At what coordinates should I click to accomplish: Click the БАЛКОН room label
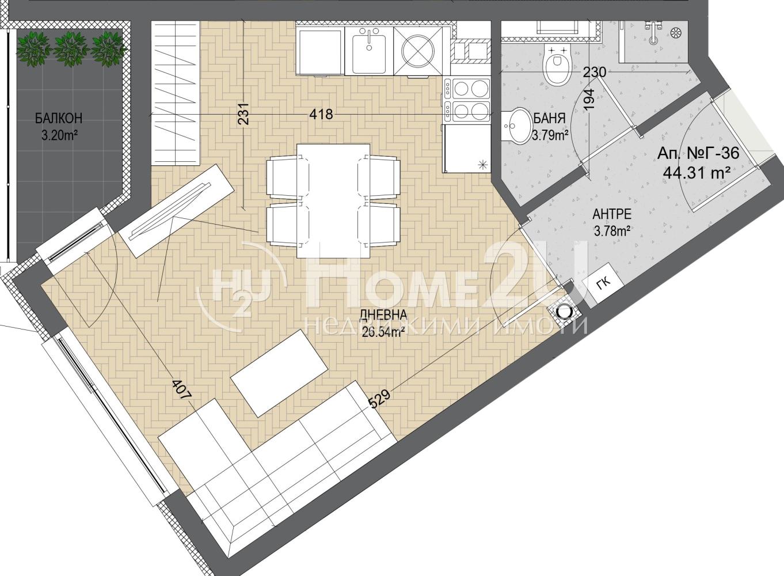59,118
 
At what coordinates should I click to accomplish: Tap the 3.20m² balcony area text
59,136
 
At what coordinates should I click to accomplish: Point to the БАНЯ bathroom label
549,118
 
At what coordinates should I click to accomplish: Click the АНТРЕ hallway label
612,214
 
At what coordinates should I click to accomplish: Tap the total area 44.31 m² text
694,173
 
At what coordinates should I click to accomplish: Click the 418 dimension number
321,114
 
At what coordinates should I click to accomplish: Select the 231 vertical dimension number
243,113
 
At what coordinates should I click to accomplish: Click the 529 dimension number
380,399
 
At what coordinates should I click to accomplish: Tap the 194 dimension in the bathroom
589,100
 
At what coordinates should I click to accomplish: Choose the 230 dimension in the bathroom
595,72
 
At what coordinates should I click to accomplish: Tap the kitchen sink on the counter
369,52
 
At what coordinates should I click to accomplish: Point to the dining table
333,200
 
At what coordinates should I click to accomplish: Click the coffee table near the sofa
279,373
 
